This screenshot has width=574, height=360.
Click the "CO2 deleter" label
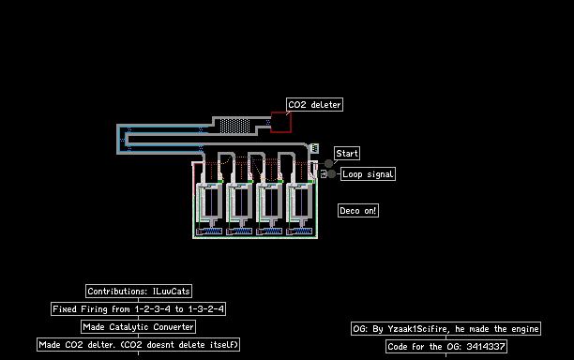314,105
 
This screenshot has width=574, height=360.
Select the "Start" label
347,154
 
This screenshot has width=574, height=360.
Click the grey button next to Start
328,163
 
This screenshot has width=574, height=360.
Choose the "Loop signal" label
368,174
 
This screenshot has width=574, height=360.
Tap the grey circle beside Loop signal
332,174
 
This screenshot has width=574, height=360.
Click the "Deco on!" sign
358,211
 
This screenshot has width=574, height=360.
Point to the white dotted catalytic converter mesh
235,126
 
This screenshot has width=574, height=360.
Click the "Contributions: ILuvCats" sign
139,292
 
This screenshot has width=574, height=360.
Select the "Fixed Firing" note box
138,309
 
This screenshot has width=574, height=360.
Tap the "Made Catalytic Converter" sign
138,326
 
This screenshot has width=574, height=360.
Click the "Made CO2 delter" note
139,345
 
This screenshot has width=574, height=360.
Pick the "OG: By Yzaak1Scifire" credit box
446,329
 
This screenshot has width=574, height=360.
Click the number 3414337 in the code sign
486,347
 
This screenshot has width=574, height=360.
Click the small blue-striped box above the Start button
314,148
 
